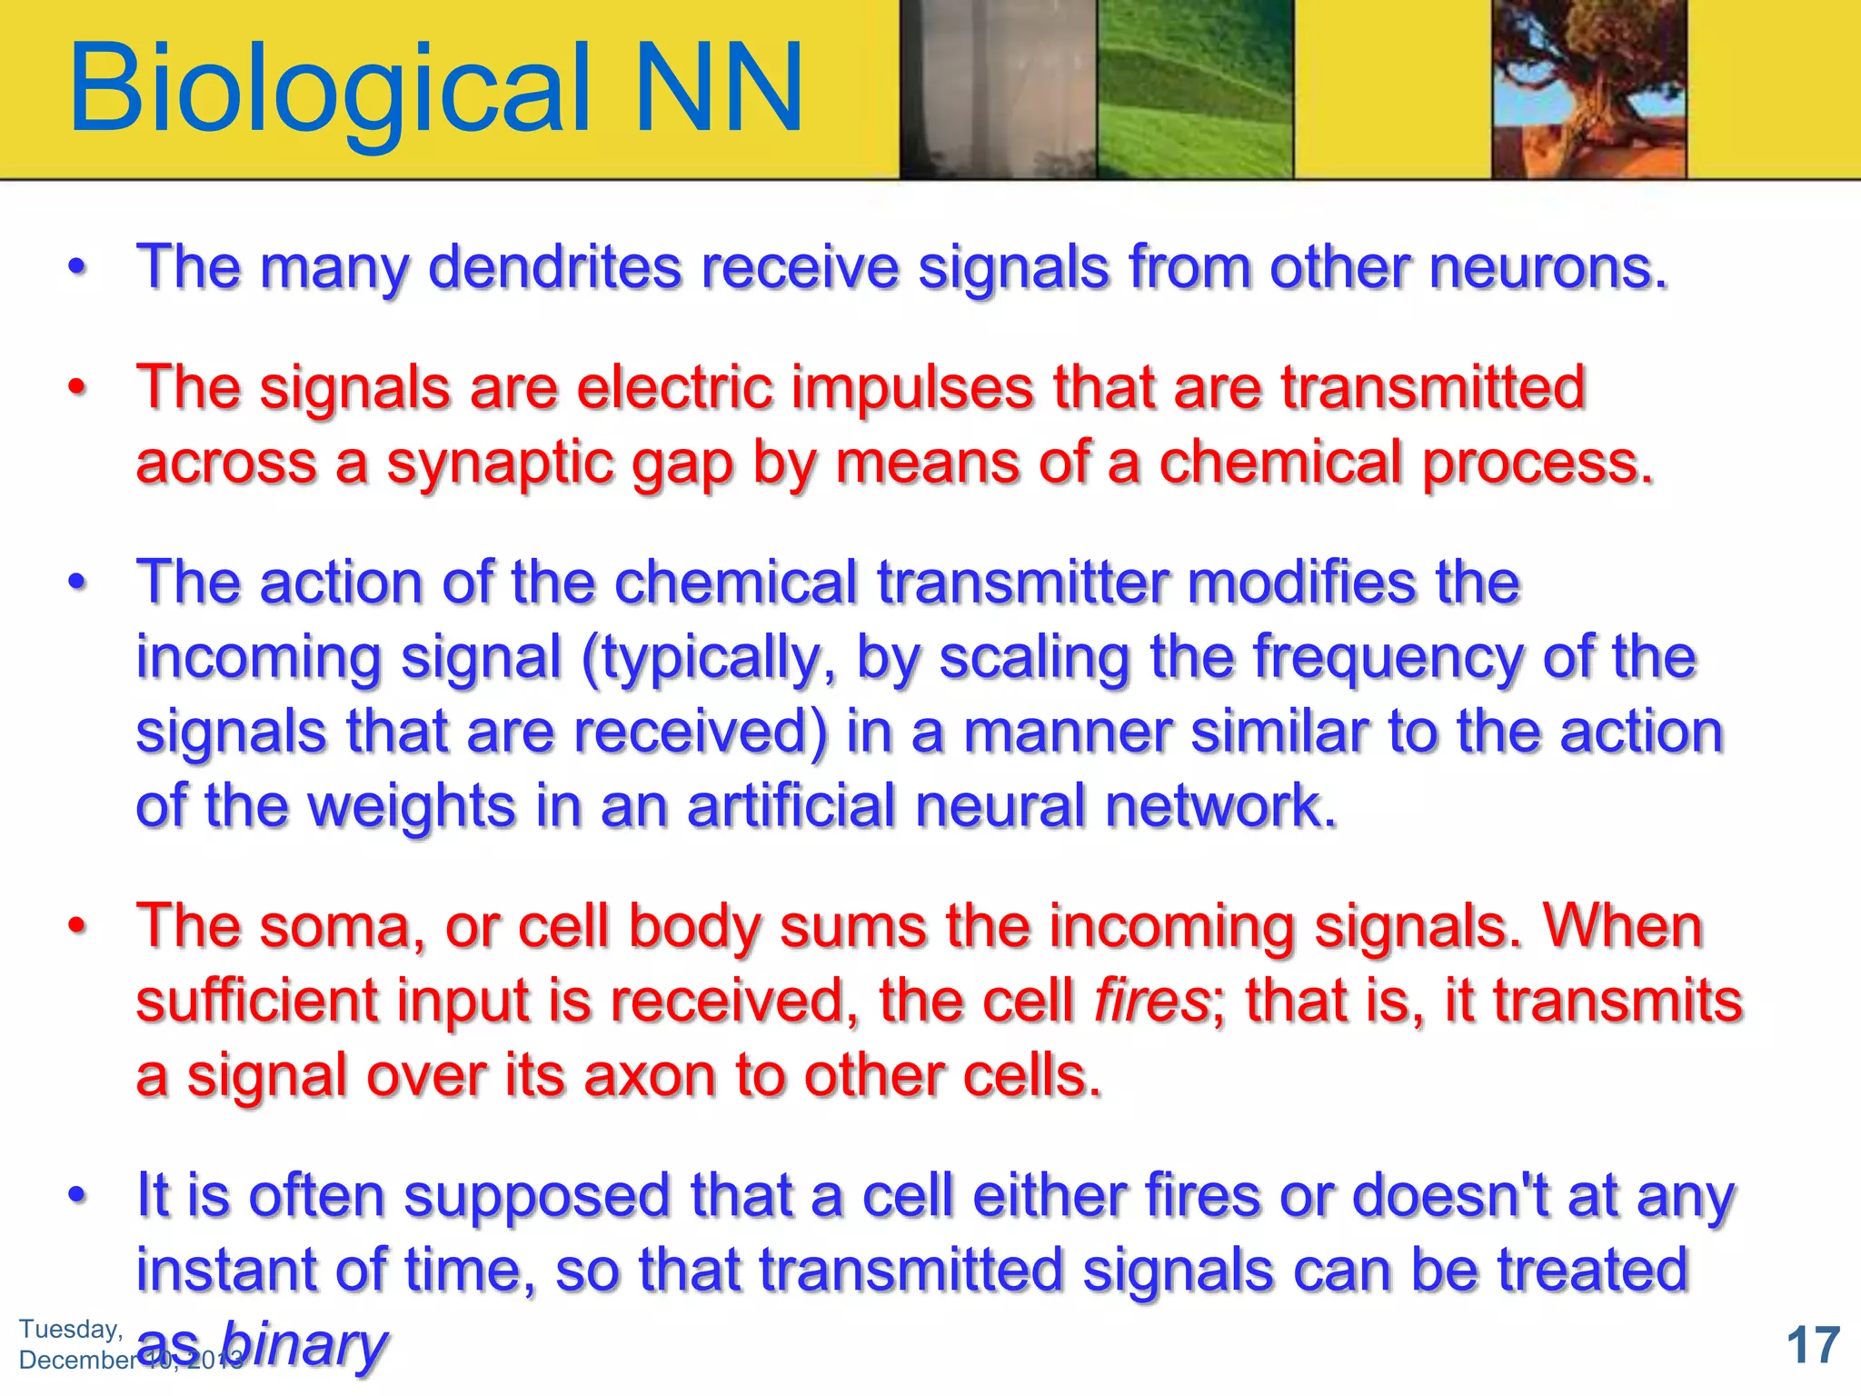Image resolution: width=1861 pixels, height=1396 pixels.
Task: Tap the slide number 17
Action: (1813, 1345)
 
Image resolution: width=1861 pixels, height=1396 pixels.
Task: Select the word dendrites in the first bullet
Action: (554, 268)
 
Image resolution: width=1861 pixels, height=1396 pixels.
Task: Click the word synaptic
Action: (509, 464)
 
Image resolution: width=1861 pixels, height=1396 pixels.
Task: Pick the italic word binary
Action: (304, 1345)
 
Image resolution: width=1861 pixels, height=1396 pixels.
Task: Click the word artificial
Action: (791, 807)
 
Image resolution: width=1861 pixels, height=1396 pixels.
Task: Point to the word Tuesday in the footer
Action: (71, 1329)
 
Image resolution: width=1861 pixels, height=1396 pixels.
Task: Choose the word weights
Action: (413, 807)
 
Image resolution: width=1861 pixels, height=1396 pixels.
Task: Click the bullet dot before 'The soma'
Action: (78, 927)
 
